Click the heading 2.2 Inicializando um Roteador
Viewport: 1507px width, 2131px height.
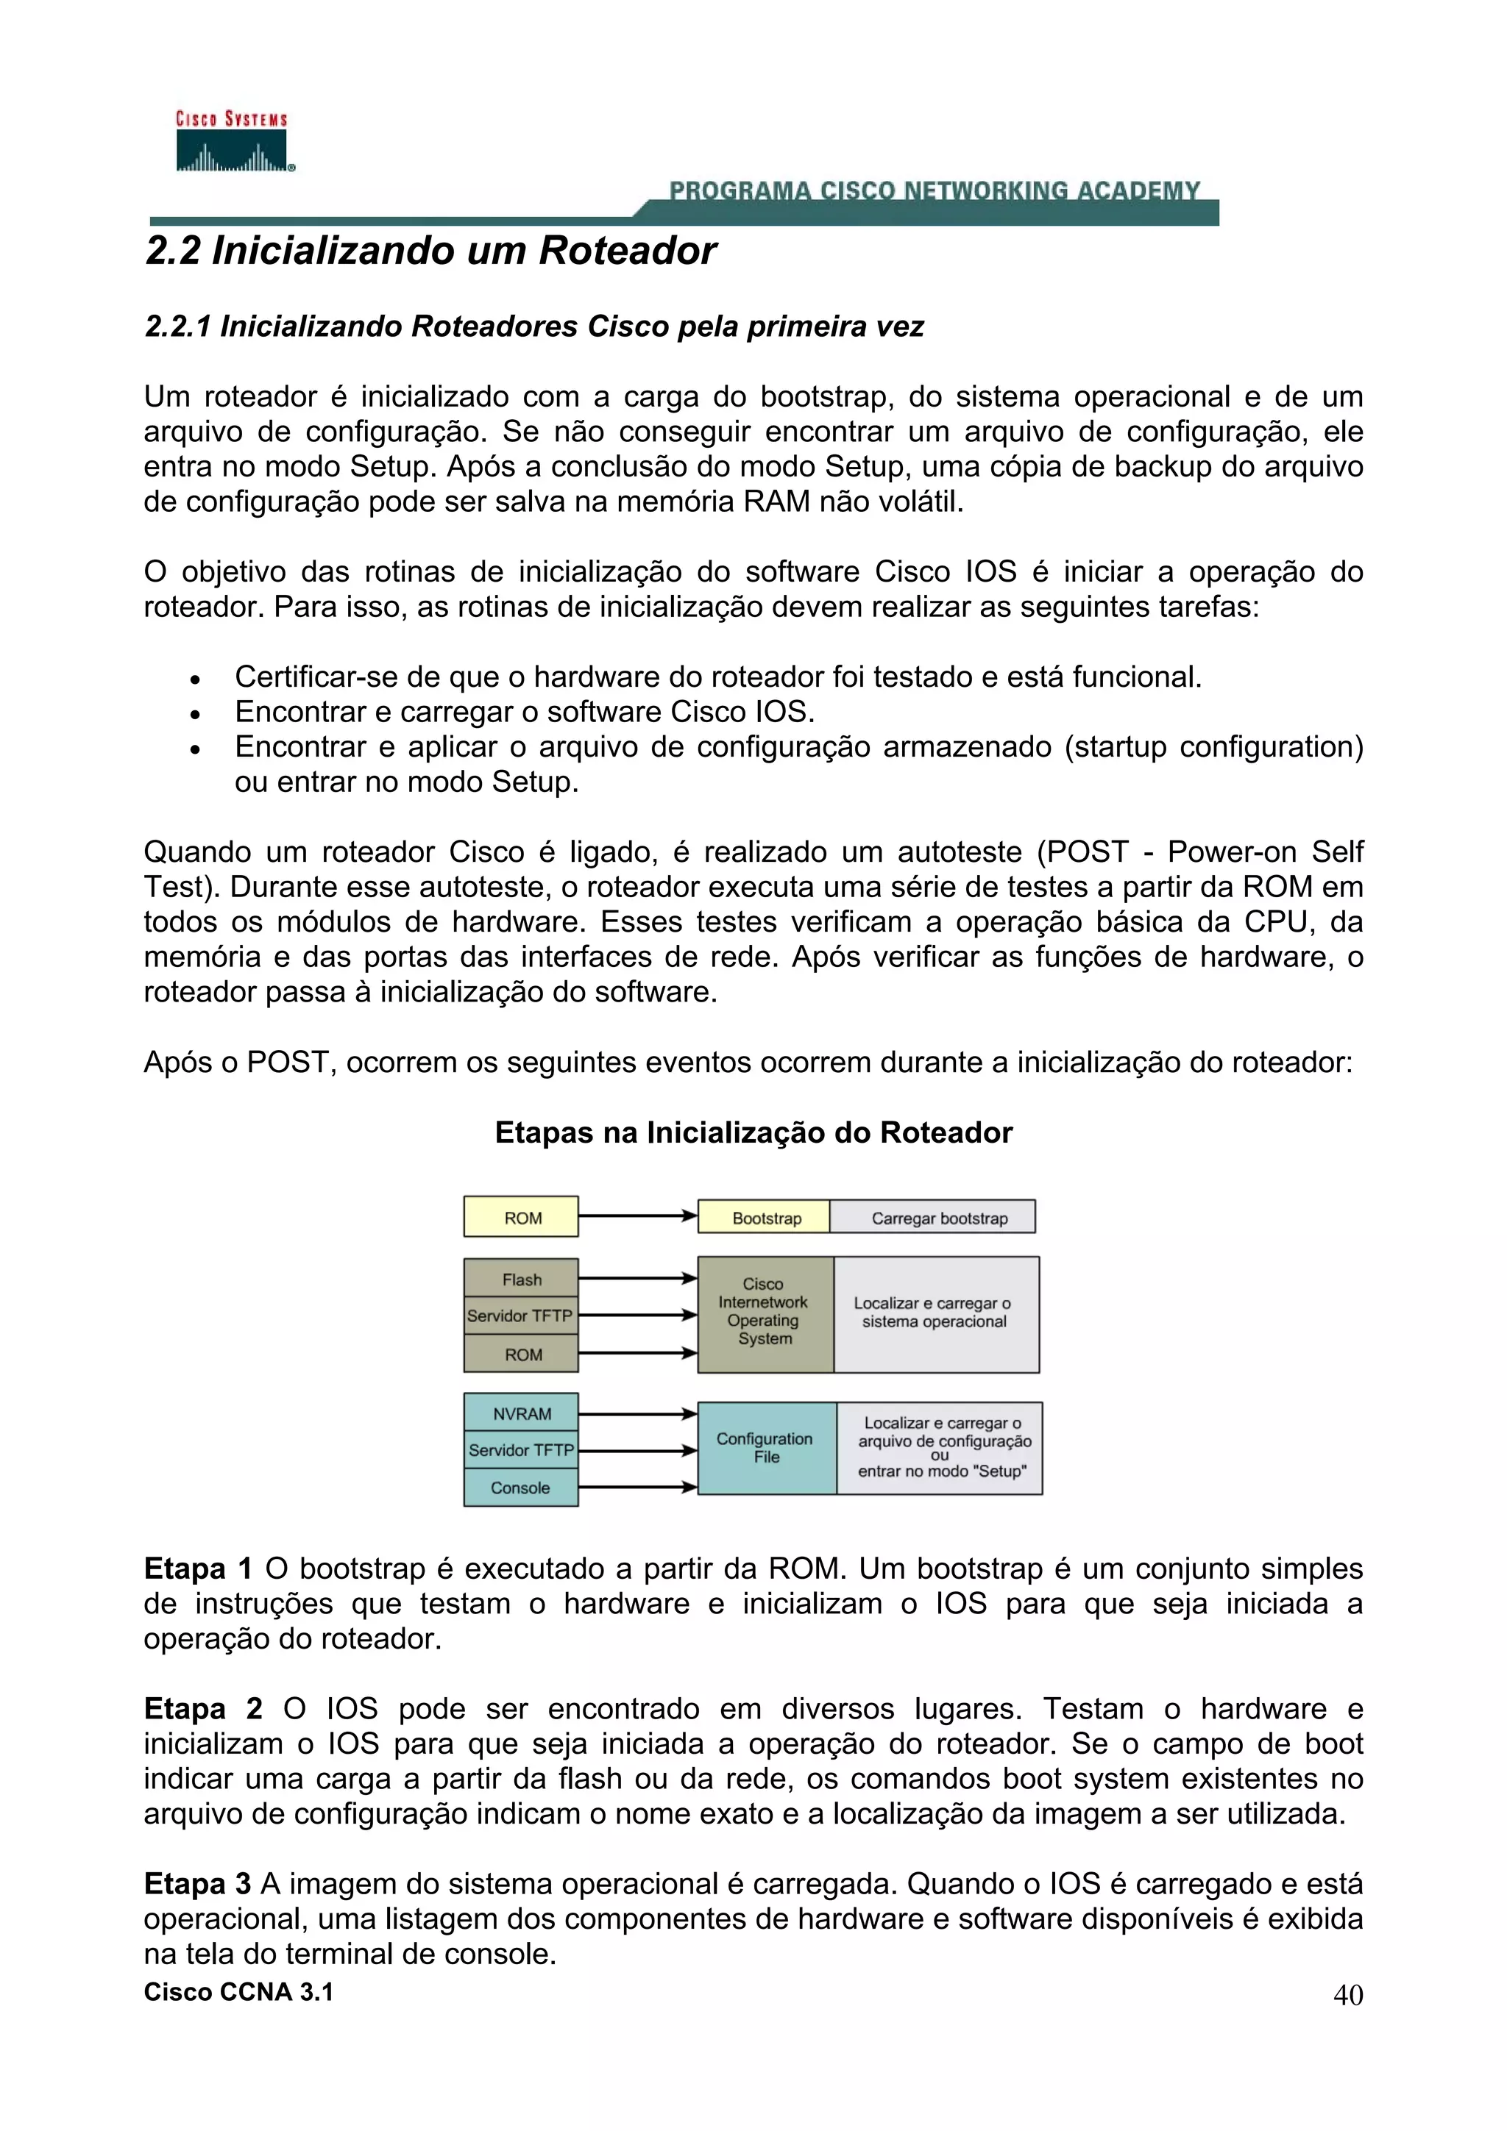(x=431, y=251)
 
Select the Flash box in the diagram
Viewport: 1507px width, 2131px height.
(x=521, y=1279)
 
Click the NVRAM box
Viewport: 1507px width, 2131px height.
(x=521, y=1413)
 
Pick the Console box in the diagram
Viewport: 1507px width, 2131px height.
(x=521, y=1487)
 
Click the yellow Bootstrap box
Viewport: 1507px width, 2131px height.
(x=765, y=1218)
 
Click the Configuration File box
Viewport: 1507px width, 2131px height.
(x=766, y=1447)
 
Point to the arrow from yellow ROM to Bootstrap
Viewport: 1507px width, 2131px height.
(x=637, y=1216)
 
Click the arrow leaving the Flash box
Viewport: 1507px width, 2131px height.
(x=637, y=1279)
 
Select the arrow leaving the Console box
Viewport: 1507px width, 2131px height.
(x=637, y=1487)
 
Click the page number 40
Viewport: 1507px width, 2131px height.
(x=1347, y=1994)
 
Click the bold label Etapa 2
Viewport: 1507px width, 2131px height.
(x=203, y=1709)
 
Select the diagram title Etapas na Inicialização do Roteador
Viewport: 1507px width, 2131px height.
(x=753, y=1132)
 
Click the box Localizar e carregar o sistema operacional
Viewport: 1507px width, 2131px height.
(x=935, y=1313)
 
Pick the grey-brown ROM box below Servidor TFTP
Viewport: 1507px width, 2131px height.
(x=521, y=1354)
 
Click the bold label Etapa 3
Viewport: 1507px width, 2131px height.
(x=198, y=1883)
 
